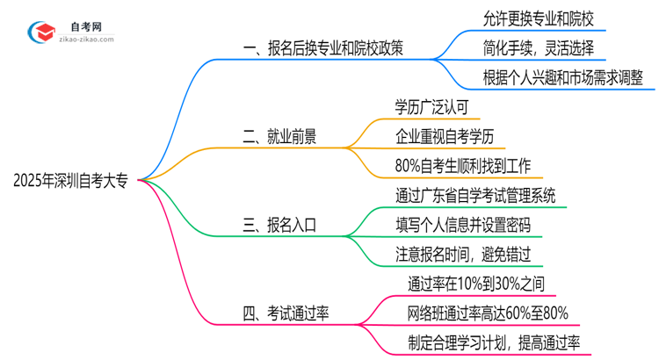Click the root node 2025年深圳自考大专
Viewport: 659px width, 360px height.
pyautogui.click(x=69, y=181)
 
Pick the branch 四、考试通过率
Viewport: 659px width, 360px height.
pyautogui.click(x=292, y=313)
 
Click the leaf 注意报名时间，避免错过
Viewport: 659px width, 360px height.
pyautogui.click(x=463, y=255)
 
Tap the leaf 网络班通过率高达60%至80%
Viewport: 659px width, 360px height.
pyautogui.click(x=489, y=313)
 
